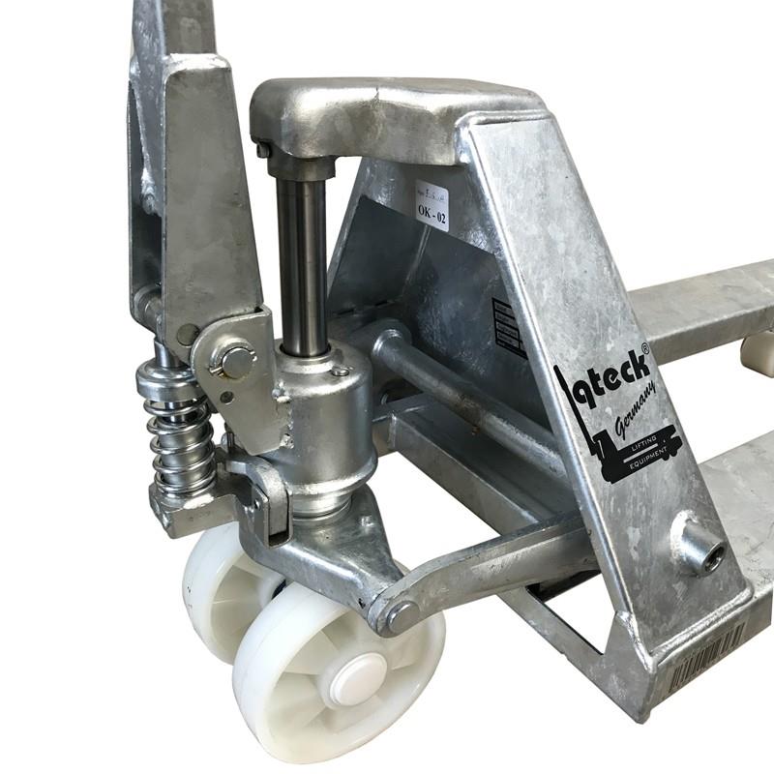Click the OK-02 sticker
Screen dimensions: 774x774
[x=432, y=206]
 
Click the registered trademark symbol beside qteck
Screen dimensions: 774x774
[x=645, y=345]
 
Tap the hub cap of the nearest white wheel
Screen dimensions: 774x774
[x=354, y=676]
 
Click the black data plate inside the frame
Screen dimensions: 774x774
[x=508, y=326]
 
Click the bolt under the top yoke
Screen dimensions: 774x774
[x=263, y=150]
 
